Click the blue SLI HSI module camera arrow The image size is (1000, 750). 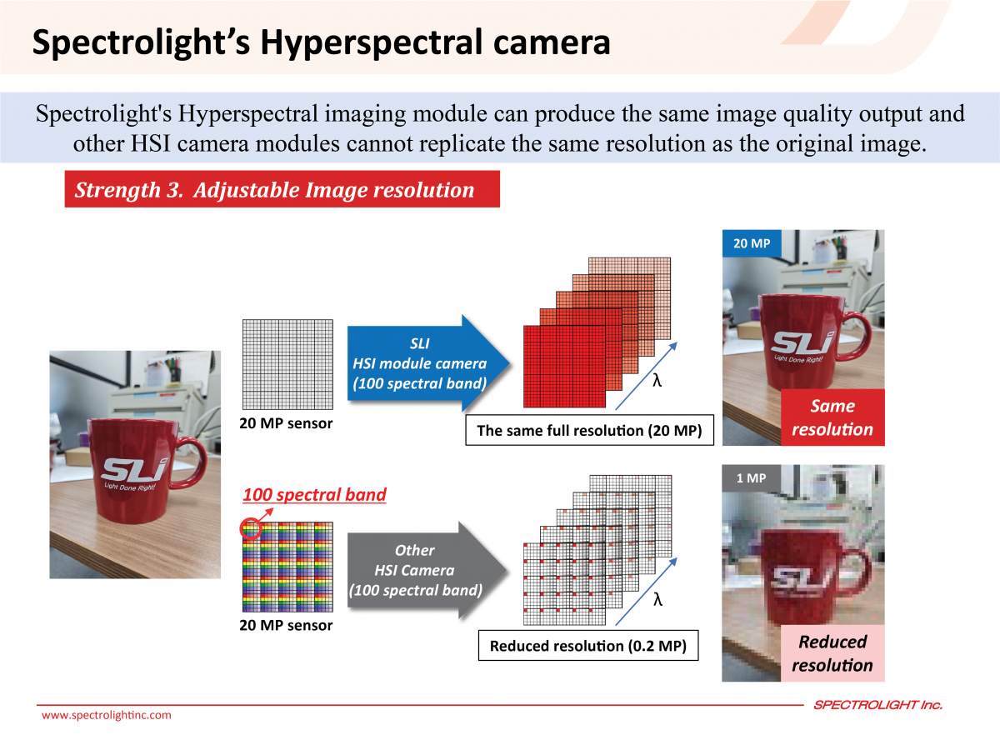point(427,363)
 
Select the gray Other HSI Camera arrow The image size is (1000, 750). point(427,570)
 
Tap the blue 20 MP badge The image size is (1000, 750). point(752,243)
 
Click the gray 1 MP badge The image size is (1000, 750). point(751,478)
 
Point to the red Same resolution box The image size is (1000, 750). point(832,417)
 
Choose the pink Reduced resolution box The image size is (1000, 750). point(832,653)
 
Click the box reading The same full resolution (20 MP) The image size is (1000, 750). point(589,430)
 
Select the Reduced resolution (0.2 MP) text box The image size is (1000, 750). point(588,645)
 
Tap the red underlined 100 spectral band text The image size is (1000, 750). point(314,495)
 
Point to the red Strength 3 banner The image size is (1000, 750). point(282,189)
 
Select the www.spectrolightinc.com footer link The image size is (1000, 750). point(107,715)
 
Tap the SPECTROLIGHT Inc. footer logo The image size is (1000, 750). point(877,705)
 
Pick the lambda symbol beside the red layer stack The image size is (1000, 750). point(657,380)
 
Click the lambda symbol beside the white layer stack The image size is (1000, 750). point(657,599)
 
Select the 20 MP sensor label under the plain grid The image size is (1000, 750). point(286,423)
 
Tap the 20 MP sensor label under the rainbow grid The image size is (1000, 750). point(286,625)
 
